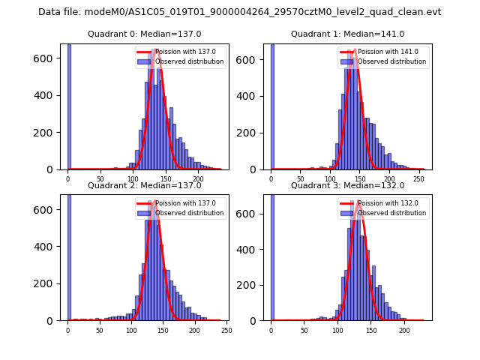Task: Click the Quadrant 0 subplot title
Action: tap(144, 34)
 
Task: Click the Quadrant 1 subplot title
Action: tap(347, 34)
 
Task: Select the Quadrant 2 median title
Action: tap(144, 185)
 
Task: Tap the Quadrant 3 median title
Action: tap(347, 185)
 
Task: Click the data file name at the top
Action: tap(239, 12)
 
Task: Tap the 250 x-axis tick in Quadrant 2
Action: tap(226, 330)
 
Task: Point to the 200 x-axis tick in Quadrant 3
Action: tap(403, 330)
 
